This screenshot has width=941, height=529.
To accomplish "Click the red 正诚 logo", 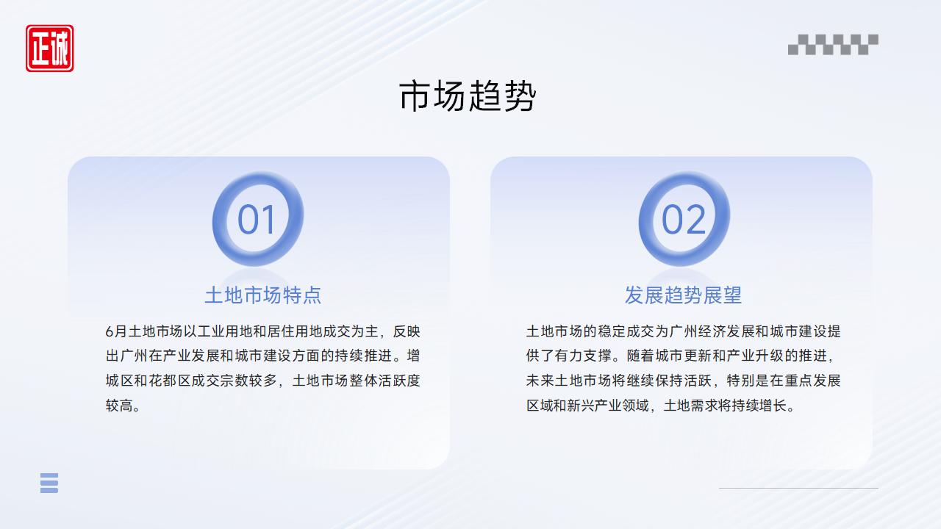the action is click(49, 48).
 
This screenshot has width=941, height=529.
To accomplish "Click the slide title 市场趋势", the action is click(468, 96).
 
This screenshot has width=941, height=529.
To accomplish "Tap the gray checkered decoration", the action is click(833, 45).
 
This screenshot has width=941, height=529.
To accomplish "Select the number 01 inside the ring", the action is click(257, 220).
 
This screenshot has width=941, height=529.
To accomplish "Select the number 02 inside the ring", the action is click(684, 220).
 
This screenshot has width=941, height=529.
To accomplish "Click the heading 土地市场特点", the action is click(263, 295).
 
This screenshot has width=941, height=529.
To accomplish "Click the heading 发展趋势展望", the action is click(683, 295).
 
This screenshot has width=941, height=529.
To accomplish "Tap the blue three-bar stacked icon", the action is click(49, 483).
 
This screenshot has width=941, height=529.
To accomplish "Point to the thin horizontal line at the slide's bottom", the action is click(798, 489).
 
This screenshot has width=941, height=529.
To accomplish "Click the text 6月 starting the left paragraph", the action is click(116, 331).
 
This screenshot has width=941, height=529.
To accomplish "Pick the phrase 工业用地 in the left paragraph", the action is click(225, 331).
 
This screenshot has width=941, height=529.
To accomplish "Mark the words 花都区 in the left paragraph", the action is click(170, 381).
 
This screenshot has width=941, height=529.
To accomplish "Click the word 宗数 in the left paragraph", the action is click(235, 381).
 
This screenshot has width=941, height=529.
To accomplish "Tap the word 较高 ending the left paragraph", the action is click(119, 406).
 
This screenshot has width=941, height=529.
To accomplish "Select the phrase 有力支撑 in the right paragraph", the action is click(583, 356).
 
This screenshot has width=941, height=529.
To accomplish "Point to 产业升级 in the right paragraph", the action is click(755, 356).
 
